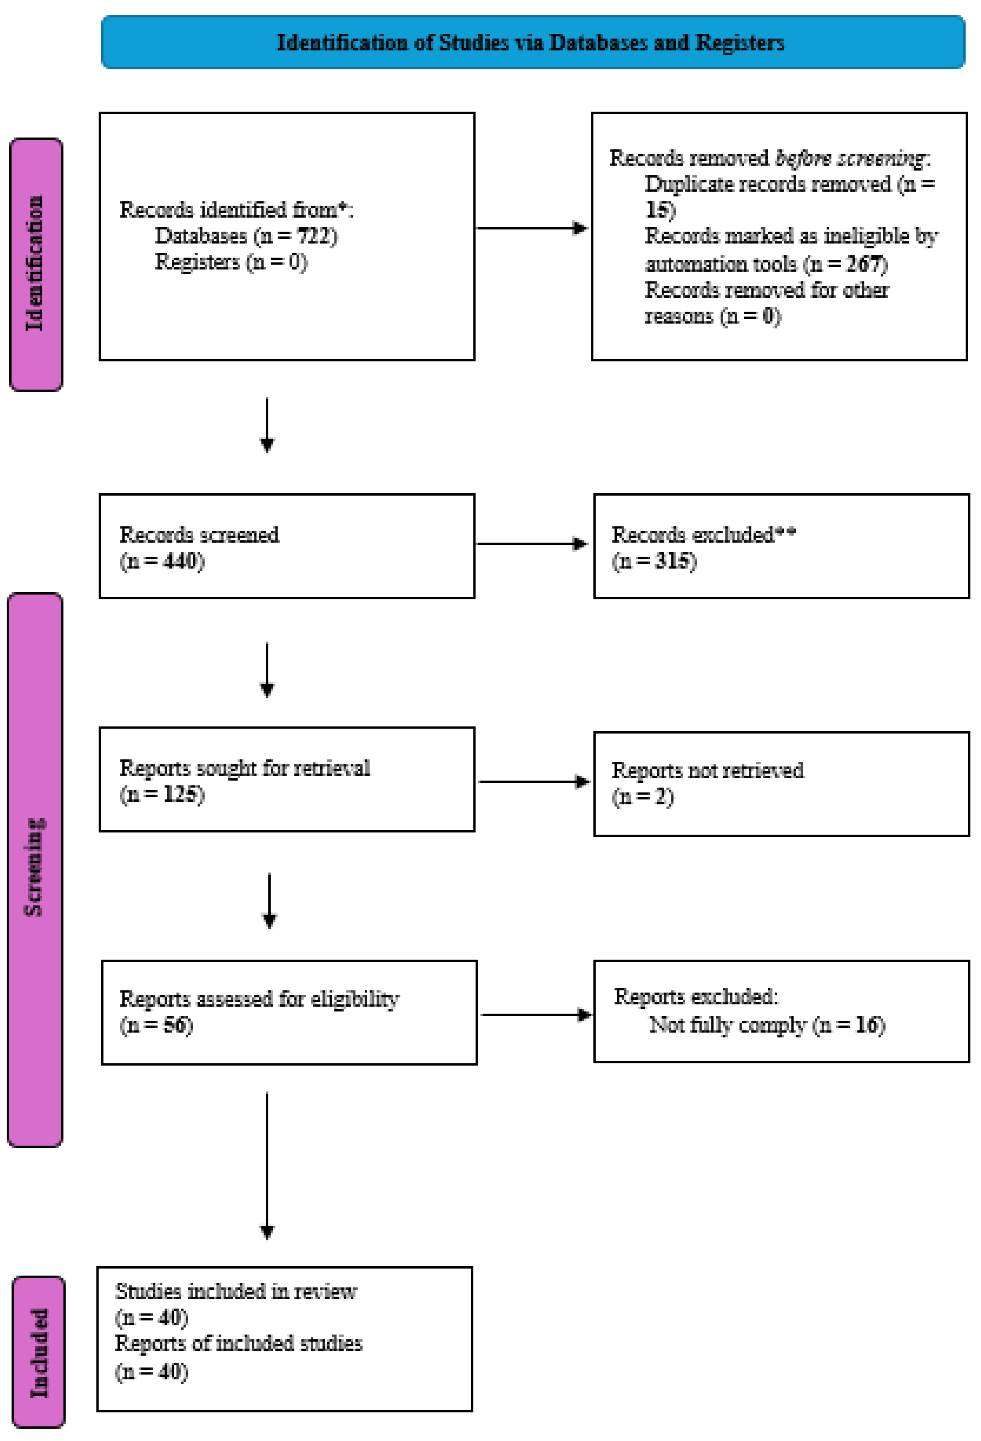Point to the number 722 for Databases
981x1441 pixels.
point(316,236)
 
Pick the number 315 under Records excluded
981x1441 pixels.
point(673,561)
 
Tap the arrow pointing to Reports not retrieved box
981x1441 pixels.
point(533,781)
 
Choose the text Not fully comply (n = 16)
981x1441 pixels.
point(767,1025)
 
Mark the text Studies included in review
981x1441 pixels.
point(236,1292)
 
